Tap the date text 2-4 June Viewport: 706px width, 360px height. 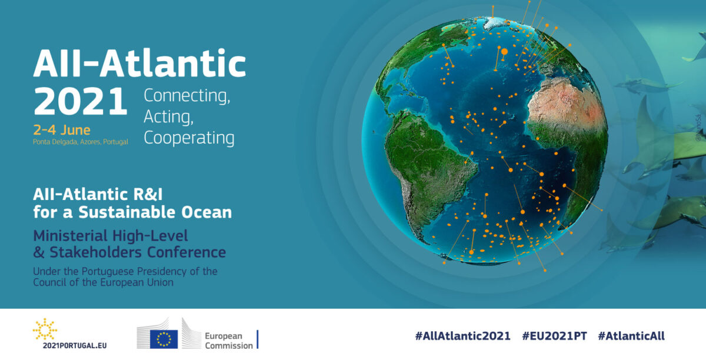(62, 130)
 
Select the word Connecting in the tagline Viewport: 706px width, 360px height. (187, 95)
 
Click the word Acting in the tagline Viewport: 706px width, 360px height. (169, 117)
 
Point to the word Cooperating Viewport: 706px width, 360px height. (189, 138)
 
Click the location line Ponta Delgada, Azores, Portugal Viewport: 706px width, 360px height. (81, 142)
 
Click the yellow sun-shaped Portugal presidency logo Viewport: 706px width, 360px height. (45, 329)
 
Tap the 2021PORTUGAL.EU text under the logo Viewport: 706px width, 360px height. (75, 346)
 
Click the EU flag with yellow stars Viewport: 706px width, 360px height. (164, 339)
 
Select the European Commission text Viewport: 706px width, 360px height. (229, 341)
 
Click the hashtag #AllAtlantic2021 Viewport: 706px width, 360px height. (462, 336)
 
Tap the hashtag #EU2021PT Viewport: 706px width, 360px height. (554, 336)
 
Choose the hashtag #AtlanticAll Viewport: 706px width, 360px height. (631, 336)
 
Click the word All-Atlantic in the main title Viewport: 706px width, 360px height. (139, 63)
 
